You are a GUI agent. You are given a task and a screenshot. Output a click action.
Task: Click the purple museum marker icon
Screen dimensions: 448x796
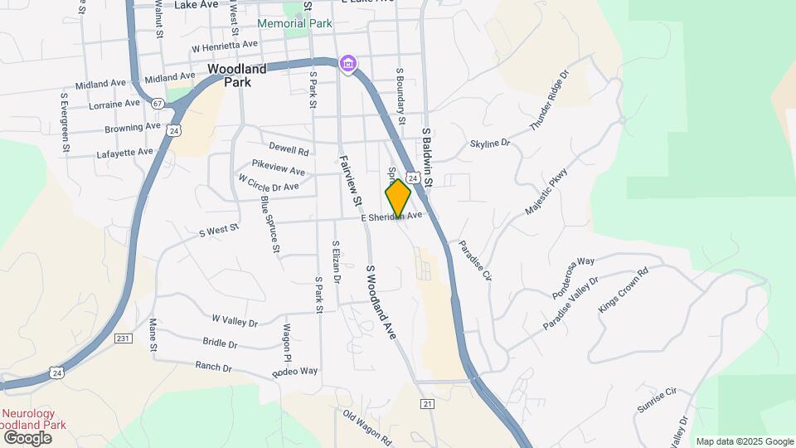click(x=349, y=64)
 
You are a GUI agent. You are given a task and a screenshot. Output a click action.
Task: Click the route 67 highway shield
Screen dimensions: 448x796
click(x=158, y=101)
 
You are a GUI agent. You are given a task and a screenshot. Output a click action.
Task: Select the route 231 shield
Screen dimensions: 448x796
click(x=123, y=338)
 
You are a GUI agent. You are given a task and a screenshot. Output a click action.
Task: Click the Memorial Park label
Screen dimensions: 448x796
click(x=294, y=23)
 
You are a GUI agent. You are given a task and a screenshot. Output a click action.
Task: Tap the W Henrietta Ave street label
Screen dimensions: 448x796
click(x=225, y=46)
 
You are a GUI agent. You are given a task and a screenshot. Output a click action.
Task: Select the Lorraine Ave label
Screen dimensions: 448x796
click(x=114, y=104)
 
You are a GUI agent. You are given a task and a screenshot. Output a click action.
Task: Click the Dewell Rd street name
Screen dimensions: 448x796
click(x=289, y=151)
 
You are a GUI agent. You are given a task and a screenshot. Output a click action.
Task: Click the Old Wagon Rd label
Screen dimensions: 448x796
click(x=371, y=422)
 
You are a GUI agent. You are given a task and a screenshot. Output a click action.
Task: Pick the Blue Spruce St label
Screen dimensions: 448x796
click(x=270, y=224)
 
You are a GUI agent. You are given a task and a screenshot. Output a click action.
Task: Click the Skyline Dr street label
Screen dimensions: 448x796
click(x=490, y=144)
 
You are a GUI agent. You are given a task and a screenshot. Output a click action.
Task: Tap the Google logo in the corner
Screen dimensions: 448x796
click(x=27, y=437)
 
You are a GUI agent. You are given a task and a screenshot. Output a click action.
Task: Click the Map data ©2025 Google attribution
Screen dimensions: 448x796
click(x=744, y=441)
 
